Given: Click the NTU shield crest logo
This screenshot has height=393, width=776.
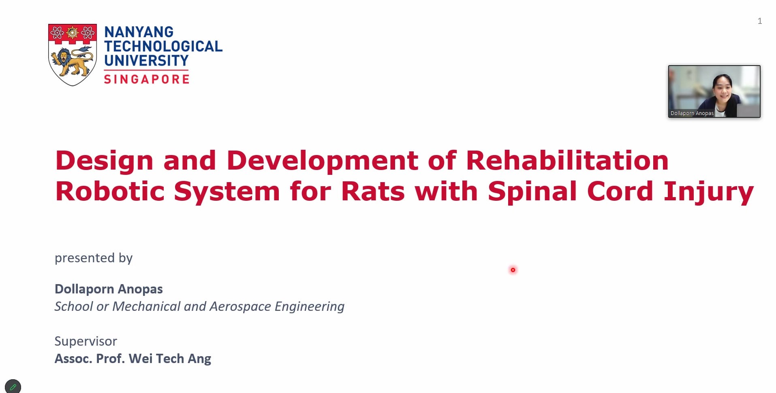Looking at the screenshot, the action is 73,55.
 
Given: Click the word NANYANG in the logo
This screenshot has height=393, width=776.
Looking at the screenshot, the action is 139,32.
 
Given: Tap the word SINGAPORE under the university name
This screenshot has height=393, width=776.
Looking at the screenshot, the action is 147,79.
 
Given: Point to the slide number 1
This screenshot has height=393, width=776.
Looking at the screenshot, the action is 760,21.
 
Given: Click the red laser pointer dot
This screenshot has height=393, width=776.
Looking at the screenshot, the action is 513,270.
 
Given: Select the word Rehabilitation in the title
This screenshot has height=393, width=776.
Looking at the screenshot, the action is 567,160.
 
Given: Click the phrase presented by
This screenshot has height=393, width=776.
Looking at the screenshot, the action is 94,258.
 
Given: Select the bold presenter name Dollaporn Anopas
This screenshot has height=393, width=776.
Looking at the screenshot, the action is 109,289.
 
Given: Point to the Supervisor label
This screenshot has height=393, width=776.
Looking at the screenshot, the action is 86,341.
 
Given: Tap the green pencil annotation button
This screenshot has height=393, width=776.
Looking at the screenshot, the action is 13,387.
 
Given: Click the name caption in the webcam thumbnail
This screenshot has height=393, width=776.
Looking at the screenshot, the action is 692,113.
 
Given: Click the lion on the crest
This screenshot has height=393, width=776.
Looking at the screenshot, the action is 72,61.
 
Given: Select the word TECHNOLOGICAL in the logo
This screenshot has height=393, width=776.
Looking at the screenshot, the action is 163,46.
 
